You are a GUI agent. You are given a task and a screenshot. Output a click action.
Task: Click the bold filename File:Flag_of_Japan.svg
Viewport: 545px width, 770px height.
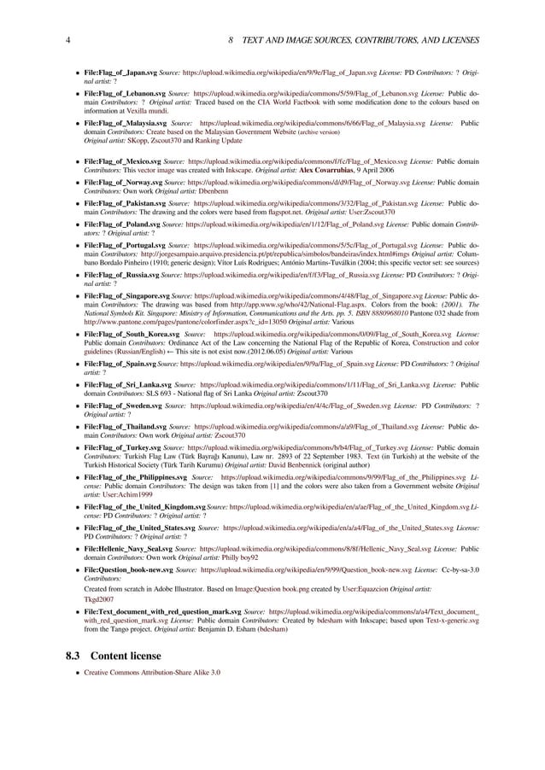point(120,74)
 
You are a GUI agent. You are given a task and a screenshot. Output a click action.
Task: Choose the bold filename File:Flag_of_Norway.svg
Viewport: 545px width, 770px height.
point(123,183)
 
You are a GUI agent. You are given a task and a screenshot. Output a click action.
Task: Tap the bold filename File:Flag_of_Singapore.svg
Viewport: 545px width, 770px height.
point(128,295)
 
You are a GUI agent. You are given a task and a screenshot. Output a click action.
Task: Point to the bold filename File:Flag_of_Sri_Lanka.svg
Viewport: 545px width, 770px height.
point(127,385)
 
